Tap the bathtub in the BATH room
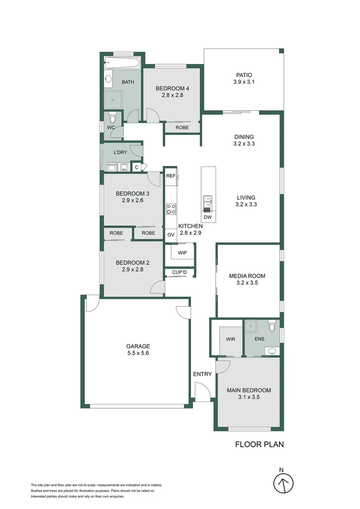point(122,63)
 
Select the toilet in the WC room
point(112,116)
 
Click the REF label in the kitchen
point(170,176)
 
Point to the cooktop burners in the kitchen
point(171,209)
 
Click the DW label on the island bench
point(208,217)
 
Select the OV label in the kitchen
point(171,234)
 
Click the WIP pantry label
point(182,253)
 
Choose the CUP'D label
point(180,272)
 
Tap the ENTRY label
point(202,374)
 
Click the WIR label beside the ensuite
point(230,339)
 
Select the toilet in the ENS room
point(272,326)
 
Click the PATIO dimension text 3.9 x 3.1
point(244,82)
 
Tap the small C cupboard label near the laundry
point(137,167)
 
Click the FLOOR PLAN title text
point(259,444)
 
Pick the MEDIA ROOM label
point(247,276)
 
